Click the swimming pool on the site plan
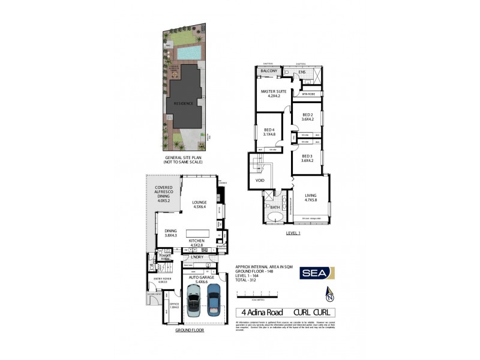click(187, 53)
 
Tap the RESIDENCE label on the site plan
click(184, 103)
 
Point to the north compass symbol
click(329, 295)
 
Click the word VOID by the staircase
click(260, 179)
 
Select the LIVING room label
click(310, 195)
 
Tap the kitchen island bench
click(199, 233)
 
